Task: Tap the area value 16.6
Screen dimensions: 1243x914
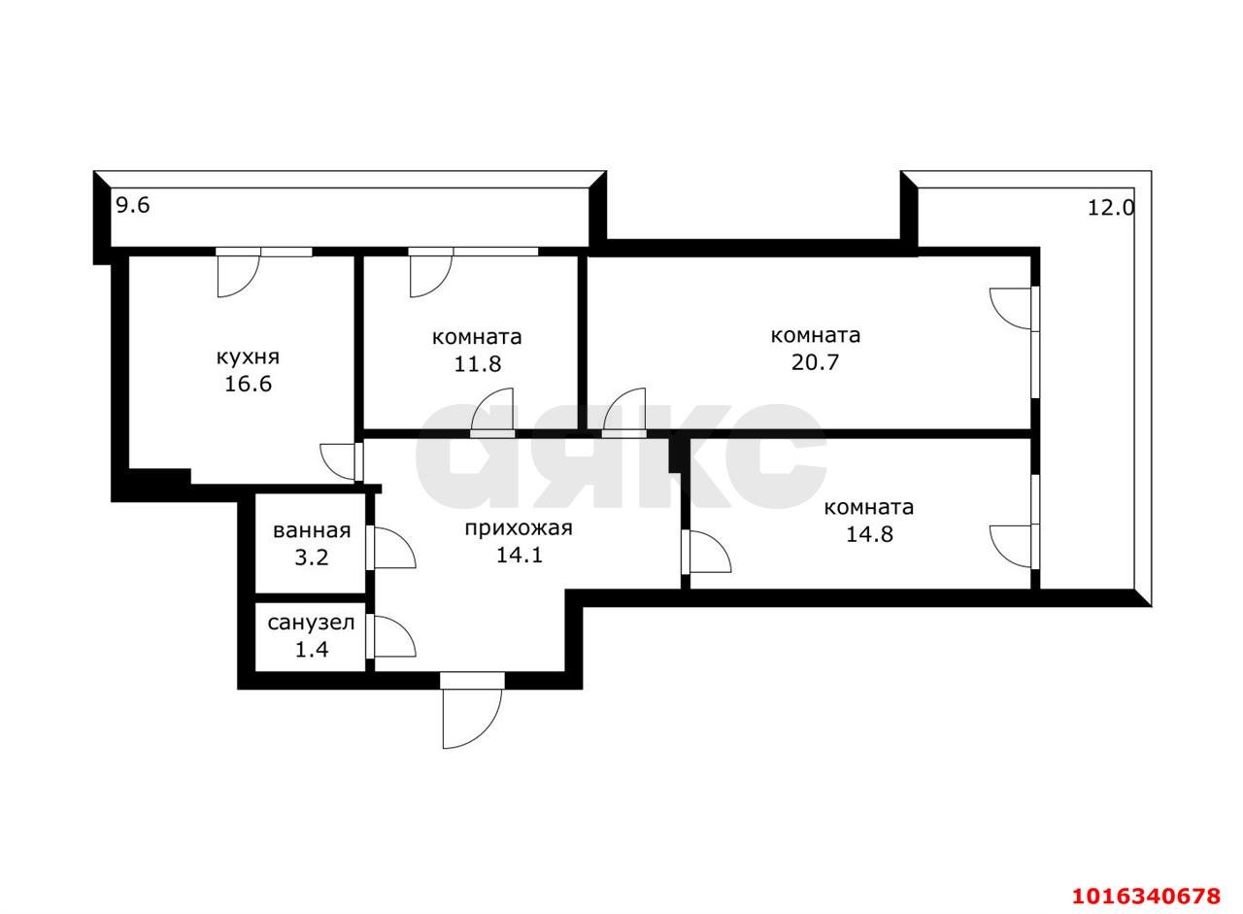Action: [x=248, y=384]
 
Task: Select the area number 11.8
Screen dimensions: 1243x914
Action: [x=477, y=364]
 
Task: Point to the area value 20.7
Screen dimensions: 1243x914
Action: [x=815, y=362]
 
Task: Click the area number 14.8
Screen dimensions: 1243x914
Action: [x=869, y=534]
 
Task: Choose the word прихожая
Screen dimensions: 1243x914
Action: [x=519, y=528]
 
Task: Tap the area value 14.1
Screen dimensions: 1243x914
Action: [x=519, y=555]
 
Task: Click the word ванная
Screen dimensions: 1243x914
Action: [x=312, y=531]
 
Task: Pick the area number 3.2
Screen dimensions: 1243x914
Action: [x=312, y=558]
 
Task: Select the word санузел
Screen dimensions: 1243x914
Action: [x=311, y=624]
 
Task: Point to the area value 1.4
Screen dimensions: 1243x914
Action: [x=312, y=649]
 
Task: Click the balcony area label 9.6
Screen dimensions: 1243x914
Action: [x=133, y=205]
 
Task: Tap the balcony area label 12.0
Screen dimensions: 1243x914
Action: [x=1111, y=208]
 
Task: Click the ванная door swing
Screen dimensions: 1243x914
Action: [x=394, y=548]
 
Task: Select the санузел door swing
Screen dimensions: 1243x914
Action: [x=394, y=636]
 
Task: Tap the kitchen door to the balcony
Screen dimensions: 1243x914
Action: [x=239, y=277]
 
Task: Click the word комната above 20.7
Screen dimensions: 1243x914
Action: [x=815, y=336]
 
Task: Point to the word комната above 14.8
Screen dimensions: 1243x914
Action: [x=868, y=507]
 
